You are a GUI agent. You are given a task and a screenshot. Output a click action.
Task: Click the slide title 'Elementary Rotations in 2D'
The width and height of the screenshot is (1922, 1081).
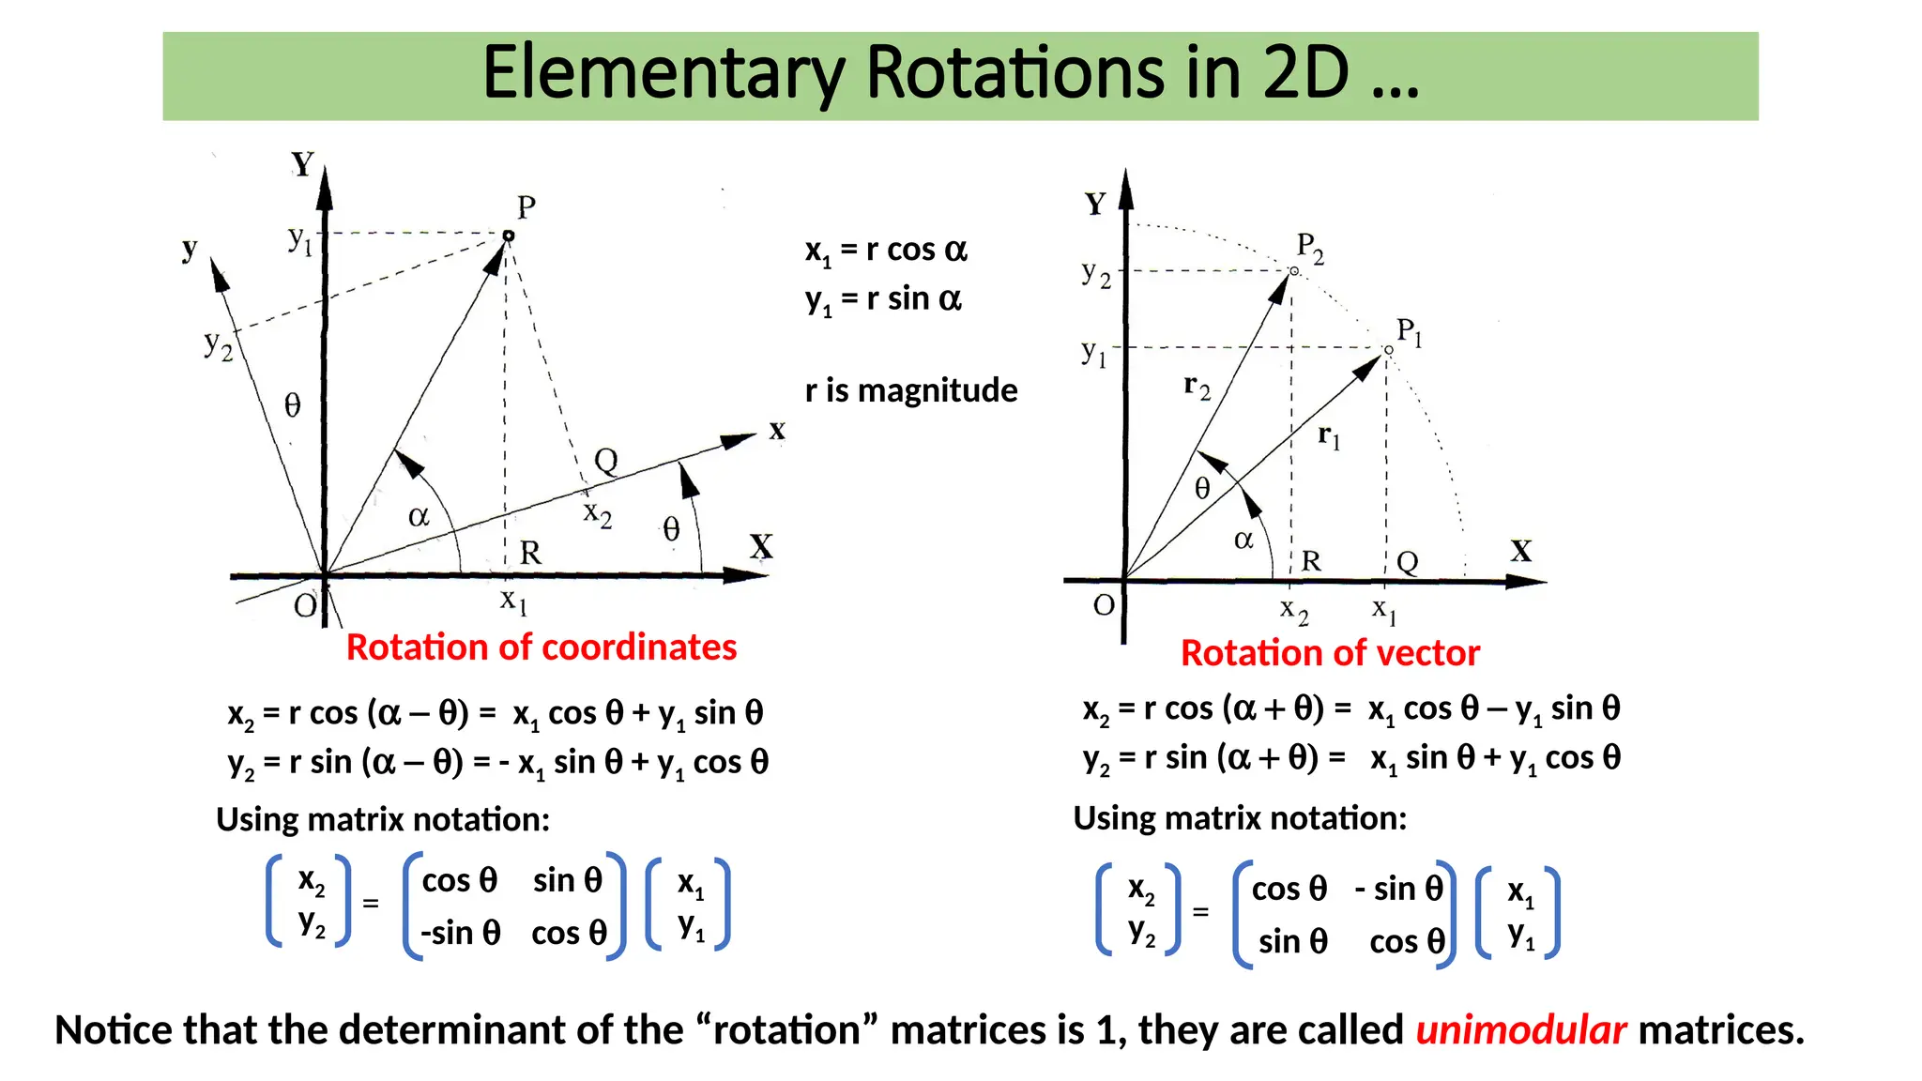[x=950, y=73]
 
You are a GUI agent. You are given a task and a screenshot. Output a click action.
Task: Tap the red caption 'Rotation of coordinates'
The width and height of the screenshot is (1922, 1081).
[x=542, y=647]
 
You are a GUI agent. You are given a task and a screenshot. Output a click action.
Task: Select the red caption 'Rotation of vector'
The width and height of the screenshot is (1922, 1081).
[x=1330, y=653]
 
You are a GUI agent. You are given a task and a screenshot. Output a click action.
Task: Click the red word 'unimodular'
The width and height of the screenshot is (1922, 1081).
[x=1520, y=1030]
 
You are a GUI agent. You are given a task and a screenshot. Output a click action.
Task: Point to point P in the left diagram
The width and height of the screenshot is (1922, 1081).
[x=509, y=236]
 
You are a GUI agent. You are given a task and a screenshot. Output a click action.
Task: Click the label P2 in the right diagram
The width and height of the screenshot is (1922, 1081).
[x=1310, y=249]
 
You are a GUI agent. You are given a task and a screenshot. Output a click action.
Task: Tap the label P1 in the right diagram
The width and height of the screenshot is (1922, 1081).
[x=1409, y=332]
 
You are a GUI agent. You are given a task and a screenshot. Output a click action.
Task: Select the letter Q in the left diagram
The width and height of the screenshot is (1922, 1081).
[x=606, y=461]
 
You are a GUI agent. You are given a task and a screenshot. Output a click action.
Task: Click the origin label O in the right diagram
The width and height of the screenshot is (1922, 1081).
[x=1104, y=605]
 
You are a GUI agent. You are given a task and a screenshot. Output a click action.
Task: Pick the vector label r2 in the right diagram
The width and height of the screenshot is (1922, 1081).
[x=1197, y=386]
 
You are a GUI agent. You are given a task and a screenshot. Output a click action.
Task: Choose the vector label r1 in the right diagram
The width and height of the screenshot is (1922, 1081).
[x=1329, y=436]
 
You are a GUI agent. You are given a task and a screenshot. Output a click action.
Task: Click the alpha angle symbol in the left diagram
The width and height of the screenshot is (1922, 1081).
[x=419, y=517]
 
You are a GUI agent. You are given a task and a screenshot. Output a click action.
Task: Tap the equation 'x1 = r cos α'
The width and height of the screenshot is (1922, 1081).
[x=886, y=251]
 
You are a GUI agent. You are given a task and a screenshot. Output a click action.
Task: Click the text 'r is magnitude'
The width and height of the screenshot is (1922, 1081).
[x=911, y=390]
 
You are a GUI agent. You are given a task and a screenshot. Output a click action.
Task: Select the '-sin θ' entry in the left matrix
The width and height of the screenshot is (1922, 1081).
[x=460, y=934]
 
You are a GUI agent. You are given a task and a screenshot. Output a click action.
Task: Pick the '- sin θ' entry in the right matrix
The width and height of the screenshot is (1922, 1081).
[x=1398, y=889]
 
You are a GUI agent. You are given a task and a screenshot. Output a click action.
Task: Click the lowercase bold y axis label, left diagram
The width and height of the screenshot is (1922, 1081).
[x=191, y=249]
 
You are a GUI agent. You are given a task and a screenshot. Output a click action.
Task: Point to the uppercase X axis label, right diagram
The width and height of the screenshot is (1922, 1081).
[x=1521, y=551]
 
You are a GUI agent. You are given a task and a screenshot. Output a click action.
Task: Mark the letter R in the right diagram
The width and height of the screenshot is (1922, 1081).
[x=1311, y=561]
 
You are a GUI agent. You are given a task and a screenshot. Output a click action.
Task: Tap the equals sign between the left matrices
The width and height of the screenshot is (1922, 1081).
[x=371, y=904]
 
